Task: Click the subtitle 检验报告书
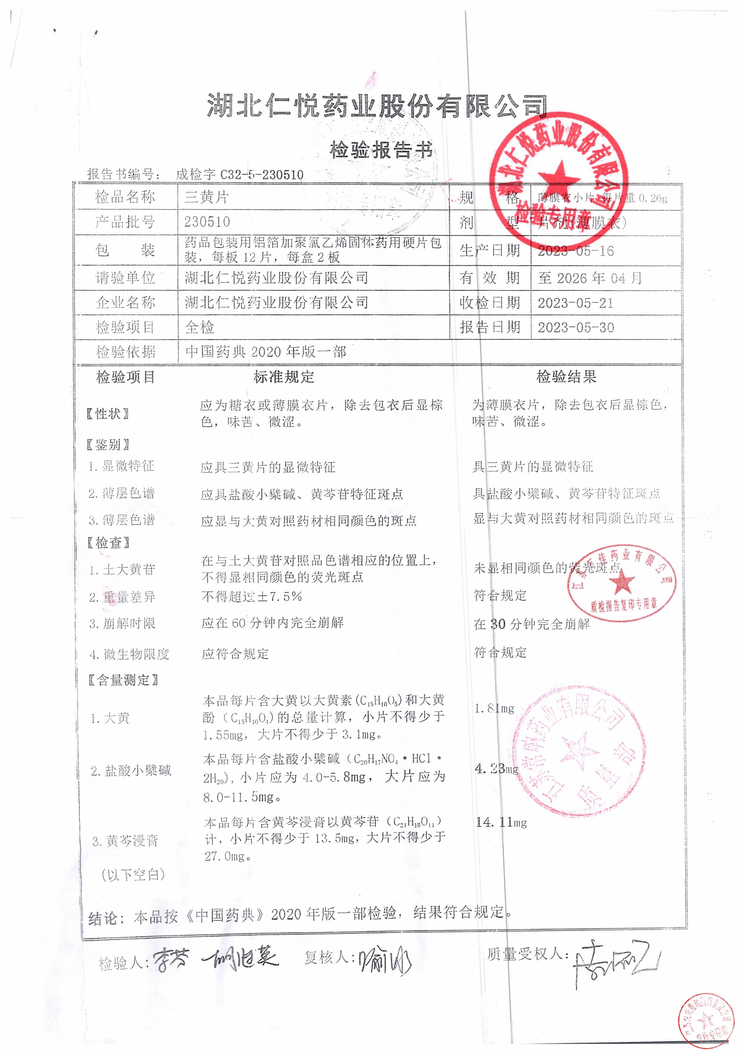pyautogui.click(x=381, y=150)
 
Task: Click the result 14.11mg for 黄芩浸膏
pyautogui.click(x=501, y=822)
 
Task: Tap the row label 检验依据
pyautogui.click(x=125, y=352)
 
